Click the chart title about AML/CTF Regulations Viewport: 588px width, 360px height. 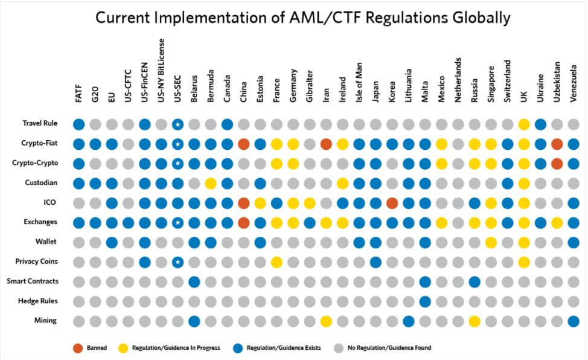302,18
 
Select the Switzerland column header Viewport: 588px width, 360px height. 507,81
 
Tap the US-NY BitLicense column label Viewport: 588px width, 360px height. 161,70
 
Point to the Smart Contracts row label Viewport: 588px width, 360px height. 33,281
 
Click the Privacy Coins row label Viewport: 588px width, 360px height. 36,262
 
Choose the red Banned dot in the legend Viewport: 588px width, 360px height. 78,348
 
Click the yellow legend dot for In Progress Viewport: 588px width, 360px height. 123,348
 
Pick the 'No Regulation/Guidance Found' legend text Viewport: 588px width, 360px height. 389,348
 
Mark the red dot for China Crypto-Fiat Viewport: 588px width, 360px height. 244,144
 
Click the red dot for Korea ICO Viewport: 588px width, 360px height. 392,203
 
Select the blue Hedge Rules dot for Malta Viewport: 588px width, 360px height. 425,301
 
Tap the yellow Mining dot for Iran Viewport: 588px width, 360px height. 326,321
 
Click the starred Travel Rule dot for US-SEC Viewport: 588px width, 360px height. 177,124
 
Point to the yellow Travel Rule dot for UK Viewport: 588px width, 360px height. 524,124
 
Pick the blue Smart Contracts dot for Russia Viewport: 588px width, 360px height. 475,281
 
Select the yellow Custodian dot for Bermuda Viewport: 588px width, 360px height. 211,183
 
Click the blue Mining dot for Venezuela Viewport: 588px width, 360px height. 574,321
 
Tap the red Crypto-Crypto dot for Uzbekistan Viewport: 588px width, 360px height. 557,164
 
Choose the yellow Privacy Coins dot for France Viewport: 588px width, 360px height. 276,262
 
